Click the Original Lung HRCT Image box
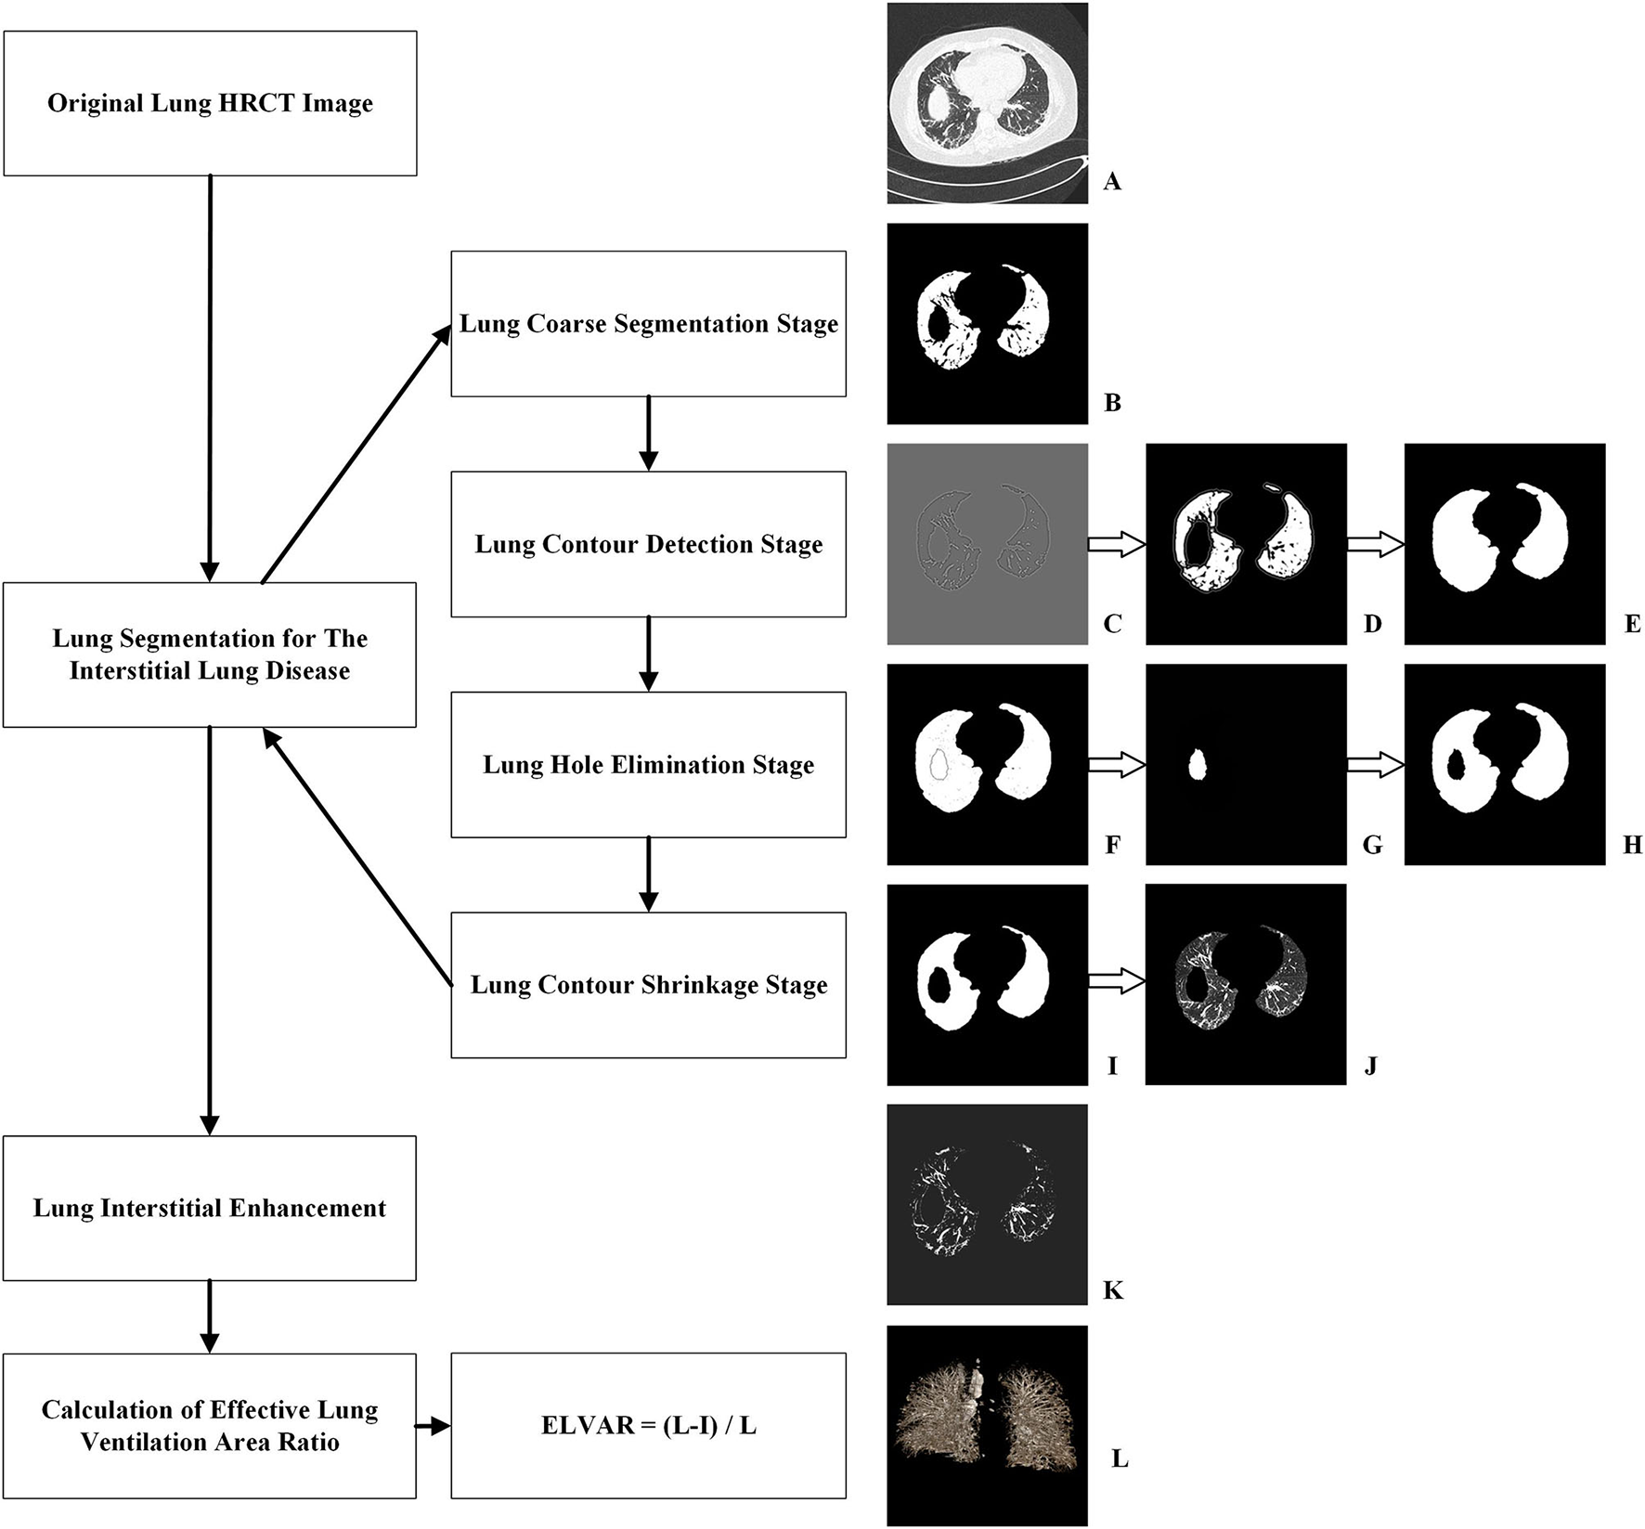pos(210,103)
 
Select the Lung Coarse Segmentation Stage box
pos(648,323)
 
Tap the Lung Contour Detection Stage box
pos(648,544)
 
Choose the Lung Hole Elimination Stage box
pos(648,764)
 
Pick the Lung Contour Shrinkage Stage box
pos(648,985)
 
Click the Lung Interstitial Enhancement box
pos(210,1208)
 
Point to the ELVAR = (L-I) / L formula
pos(648,1425)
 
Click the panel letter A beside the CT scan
pos(1112,182)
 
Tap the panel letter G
pos(1372,845)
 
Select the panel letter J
pos(1370,1065)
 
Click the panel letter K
pos(1112,1290)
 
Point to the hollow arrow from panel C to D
pos(1115,546)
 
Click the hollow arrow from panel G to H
pos(1375,765)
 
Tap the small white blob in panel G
pos(1198,766)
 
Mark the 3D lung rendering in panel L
pos(987,1426)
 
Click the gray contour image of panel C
pos(987,544)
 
